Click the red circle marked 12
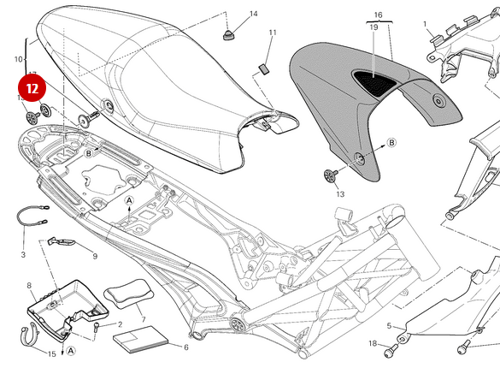pyautogui.click(x=32, y=88)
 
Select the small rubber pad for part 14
pyautogui.click(x=228, y=34)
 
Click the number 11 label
pyautogui.click(x=273, y=33)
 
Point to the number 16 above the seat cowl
pyautogui.click(x=378, y=15)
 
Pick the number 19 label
pyautogui.click(x=374, y=27)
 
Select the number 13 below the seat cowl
pyautogui.click(x=340, y=194)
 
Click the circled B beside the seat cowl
pyautogui.click(x=391, y=141)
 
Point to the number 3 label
pyautogui.click(x=23, y=254)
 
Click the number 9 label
pyautogui.click(x=94, y=256)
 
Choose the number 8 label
pyautogui.click(x=29, y=285)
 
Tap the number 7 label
pyautogui.click(x=143, y=319)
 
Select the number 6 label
pyautogui.click(x=185, y=347)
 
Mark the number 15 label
pyautogui.click(x=51, y=353)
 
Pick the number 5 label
pyautogui.click(x=389, y=326)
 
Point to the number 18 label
pyautogui.click(x=372, y=344)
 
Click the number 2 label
pyautogui.click(x=120, y=325)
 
